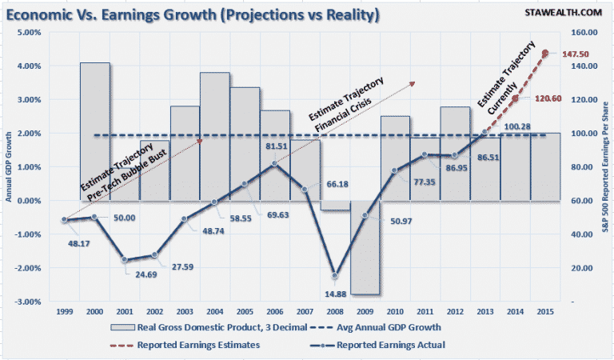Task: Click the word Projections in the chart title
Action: click(x=243, y=14)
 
